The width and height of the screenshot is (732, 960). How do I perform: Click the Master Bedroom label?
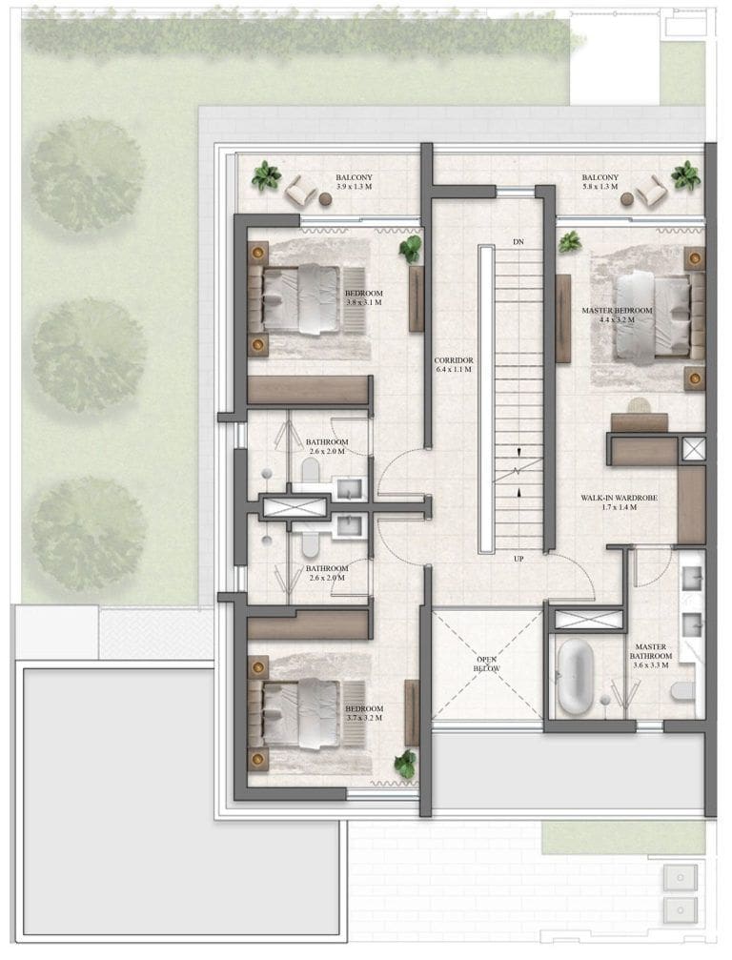[x=617, y=315]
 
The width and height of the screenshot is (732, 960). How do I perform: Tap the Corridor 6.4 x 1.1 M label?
[x=454, y=365]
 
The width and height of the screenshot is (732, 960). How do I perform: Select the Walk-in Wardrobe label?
[x=619, y=502]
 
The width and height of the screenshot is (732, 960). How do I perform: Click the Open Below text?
[x=487, y=664]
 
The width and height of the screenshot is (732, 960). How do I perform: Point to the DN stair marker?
[x=518, y=242]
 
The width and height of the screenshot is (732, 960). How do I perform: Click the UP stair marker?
[x=518, y=559]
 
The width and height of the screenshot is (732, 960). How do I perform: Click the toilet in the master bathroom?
[x=683, y=691]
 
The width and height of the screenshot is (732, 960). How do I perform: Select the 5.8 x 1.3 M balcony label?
[x=600, y=182]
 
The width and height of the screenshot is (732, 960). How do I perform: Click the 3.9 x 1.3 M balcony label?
[x=354, y=182]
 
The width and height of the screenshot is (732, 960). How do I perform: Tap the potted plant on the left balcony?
[x=266, y=175]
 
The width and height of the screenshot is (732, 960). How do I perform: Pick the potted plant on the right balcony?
[x=685, y=175]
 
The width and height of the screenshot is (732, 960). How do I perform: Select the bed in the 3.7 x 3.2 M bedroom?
[x=300, y=713]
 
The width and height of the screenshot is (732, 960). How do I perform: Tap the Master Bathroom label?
[x=650, y=656]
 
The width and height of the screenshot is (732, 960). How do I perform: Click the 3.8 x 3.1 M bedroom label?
[x=363, y=298]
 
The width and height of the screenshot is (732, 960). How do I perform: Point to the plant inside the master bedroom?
[x=570, y=242]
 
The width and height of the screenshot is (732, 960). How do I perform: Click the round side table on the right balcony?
[x=626, y=198]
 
